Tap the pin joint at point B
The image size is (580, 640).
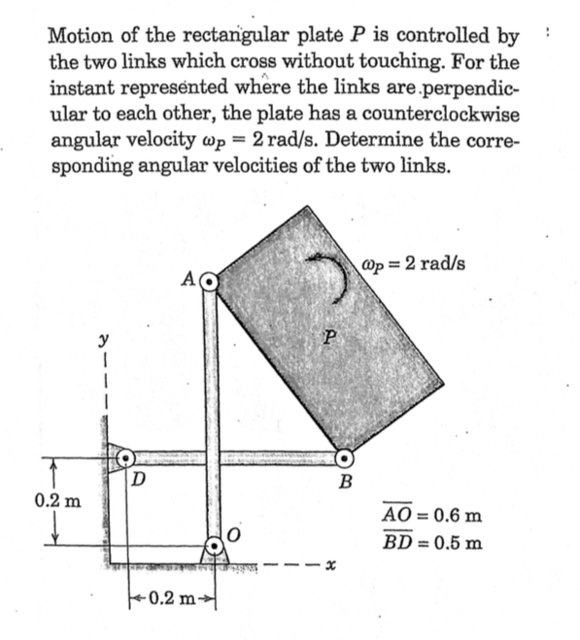(344, 456)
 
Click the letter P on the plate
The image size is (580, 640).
(333, 337)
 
